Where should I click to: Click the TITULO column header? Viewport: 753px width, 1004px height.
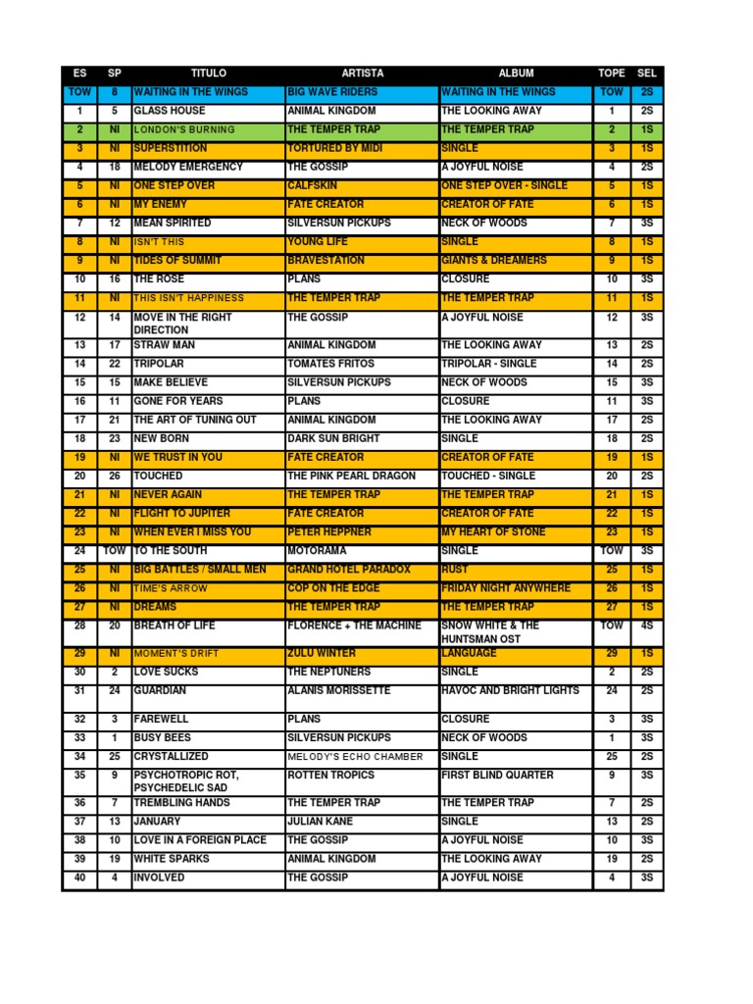(x=208, y=74)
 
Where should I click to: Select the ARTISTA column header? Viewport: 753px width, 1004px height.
(x=362, y=74)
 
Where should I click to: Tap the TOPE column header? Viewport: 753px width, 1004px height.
(x=611, y=74)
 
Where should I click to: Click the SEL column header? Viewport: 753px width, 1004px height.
(x=647, y=74)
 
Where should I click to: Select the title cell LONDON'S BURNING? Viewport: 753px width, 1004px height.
(x=184, y=129)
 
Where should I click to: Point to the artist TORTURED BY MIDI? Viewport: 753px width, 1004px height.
(x=335, y=148)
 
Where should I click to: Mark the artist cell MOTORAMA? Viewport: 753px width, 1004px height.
(x=316, y=551)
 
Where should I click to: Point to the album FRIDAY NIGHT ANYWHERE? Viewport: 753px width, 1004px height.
(x=505, y=588)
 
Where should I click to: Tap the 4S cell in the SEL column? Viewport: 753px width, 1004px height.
(x=647, y=626)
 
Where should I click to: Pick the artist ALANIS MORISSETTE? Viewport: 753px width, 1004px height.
(x=338, y=690)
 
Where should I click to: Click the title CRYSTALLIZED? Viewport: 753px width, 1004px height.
(x=171, y=757)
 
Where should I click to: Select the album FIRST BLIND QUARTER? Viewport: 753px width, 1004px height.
(x=497, y=776)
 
